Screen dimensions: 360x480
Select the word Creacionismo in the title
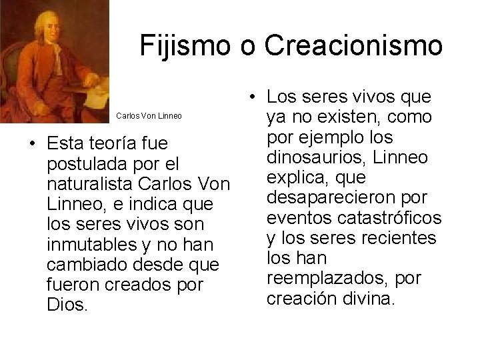[x=353, y=45]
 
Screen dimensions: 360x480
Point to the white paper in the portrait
[x=98, y=89]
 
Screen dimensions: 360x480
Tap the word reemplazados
[x=331, y=275]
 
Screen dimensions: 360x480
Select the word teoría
[x=123, y=143]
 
